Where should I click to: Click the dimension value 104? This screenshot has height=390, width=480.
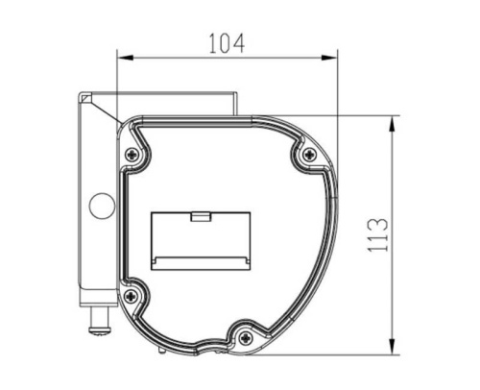pyautogui.click(x=227, y=43)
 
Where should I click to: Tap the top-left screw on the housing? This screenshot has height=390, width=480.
pyautogui.click(x=132, y=154)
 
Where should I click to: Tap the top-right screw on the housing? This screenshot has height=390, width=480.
pyautogui.click(x=308, y=155)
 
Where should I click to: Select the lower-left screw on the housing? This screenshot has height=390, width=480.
pyautogui.click(x=132, y=296)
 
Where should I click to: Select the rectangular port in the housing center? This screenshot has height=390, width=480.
pyautogui.click(x=201, y=240)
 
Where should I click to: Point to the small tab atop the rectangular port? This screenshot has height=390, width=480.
pyautogui.click(x=201, y=216)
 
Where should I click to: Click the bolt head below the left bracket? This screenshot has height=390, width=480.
pyautogui.click(x=101, y=329)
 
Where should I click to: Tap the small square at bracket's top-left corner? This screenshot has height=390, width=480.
pyautogui.click(x=85, y=98)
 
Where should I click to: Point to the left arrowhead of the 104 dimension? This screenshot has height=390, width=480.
pyautogui.click(x=121, y=58)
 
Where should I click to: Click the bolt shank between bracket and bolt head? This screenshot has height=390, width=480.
pyautogui.click(x=99, y=315)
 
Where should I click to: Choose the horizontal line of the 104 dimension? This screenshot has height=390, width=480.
pyautogui.click(x=228, y=58)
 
